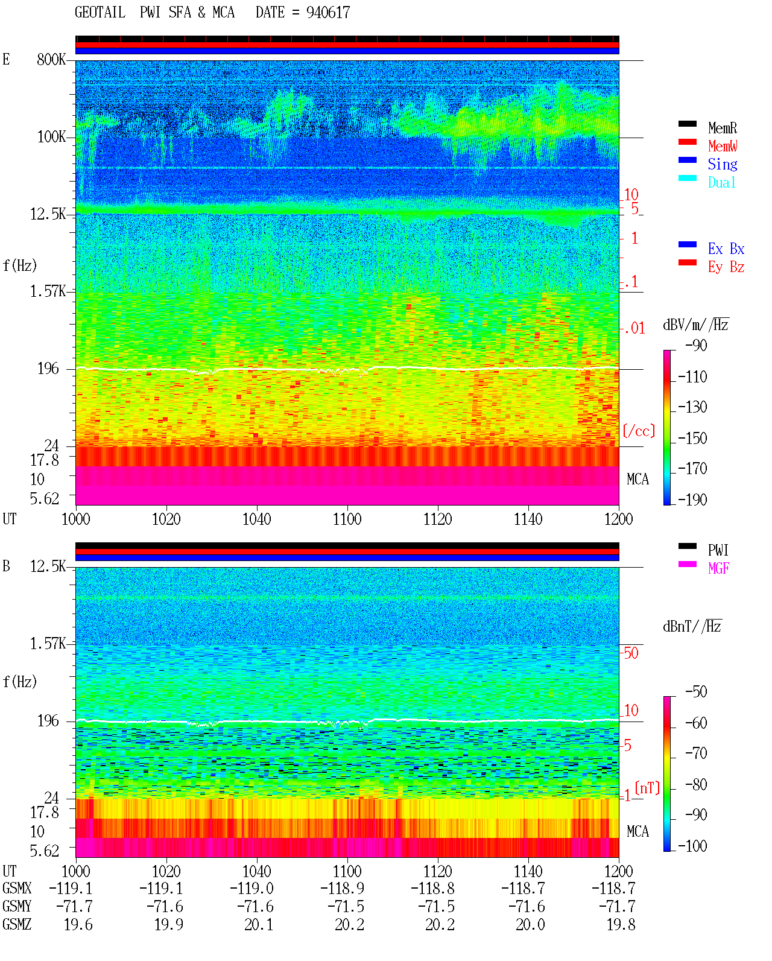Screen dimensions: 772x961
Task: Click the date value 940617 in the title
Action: [327, 13]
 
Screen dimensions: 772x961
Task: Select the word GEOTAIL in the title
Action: [100, 13]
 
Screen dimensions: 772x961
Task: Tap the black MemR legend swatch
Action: [687, 124]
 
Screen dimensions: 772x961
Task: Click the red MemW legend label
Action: [723, 146]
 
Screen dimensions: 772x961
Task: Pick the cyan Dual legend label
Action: [721, 182]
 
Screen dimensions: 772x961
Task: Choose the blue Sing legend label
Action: [723, 164]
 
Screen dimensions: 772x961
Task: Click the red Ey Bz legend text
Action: [726, 267]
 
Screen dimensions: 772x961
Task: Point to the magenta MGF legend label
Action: [718, 568]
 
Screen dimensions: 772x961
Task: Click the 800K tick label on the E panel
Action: [51, 59]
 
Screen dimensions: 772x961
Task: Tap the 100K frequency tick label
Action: [51, 137]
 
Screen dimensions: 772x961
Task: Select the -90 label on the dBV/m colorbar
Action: [696, 345]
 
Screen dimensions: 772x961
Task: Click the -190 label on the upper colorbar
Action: [692, 500]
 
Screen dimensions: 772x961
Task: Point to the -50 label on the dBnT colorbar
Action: [696, 692]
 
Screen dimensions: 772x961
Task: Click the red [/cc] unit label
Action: [639, 431]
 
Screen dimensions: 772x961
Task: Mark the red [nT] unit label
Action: [647, 787]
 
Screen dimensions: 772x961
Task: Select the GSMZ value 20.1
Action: [259, 924]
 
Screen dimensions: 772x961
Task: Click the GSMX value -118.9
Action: [342, 888]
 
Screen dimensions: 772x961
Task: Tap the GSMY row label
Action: [17, 906]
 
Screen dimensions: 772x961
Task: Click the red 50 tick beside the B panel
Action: [631, 653]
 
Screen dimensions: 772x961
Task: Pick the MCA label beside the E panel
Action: [638, 479]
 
